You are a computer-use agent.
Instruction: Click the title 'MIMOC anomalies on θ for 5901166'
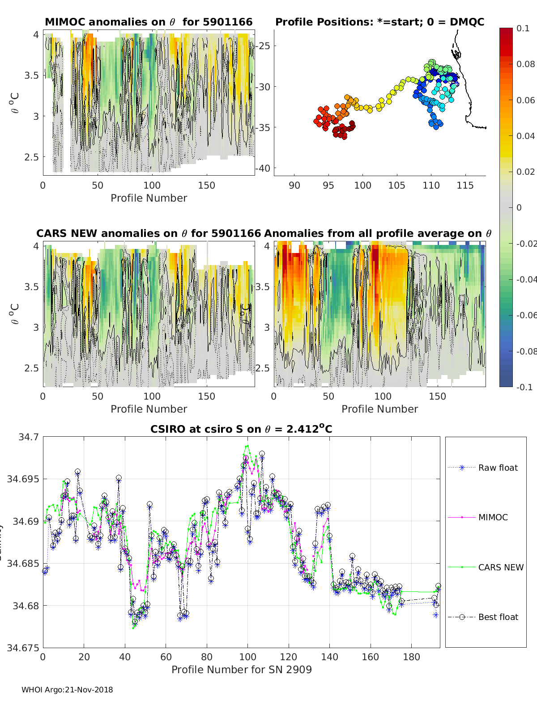tap(149, 22)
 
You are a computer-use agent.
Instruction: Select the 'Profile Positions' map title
tap(379, 22)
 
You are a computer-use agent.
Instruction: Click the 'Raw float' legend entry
tap(498, 468)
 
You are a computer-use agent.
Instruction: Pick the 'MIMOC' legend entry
tap(493, 517)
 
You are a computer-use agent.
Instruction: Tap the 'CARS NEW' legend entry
tap(500, 567)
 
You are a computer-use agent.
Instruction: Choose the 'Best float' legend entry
tap(498, 617)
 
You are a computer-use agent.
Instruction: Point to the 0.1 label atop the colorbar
tap(523, 28)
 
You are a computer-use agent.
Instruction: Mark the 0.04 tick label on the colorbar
tap(525, 136)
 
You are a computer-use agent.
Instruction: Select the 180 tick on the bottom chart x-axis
tap(411, 657)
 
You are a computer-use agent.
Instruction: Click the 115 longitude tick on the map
tap(465, 185)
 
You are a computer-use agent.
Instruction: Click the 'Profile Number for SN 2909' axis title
tap(241, 670)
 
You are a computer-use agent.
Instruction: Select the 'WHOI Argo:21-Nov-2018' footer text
tap(67, 690)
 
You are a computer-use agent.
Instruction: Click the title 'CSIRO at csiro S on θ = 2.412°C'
tap(241, 429)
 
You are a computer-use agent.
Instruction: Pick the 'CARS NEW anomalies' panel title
tap(148, 233)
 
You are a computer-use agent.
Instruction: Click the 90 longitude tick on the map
tap(294, 185)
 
